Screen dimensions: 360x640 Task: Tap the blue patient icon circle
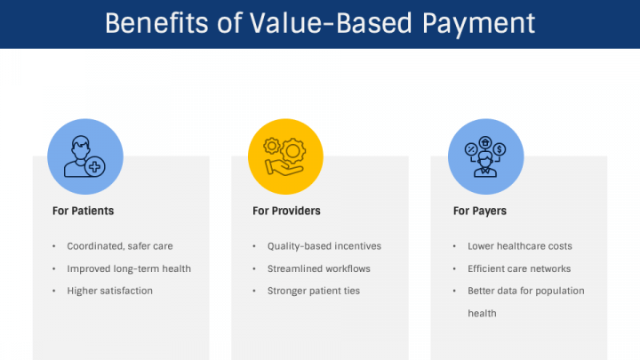(x=84, y=156)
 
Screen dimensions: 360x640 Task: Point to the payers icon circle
(x=485, y=156)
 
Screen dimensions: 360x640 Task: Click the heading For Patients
(x=84, y=212)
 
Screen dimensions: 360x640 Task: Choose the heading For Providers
(x=286, y=212)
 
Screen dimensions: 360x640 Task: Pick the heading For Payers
(x=480, y=212)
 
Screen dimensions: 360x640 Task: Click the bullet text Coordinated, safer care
(x=120, y=246)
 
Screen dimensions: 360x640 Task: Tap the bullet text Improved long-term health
(x=129, y=268)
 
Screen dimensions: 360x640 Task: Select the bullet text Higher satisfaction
(x=110, y=291)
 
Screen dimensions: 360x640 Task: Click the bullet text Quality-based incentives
(x=324, y=246)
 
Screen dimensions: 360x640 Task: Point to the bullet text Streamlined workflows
(x=319, y=268)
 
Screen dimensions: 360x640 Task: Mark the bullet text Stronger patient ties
(x=314, y=291)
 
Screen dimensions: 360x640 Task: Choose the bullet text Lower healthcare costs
(x=520, y=246)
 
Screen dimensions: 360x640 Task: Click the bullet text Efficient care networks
(x=519, y=268)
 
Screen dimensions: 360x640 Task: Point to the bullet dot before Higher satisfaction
(x=54, y=291)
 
